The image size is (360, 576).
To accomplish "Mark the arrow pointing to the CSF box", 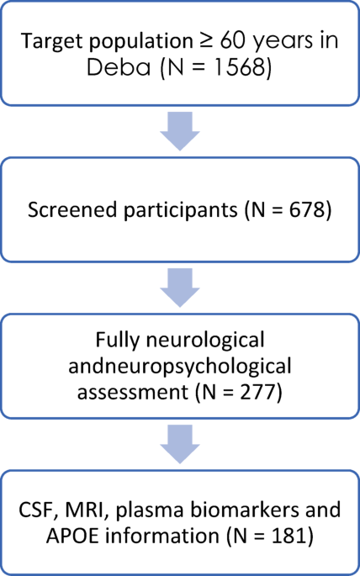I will (179, 443).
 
